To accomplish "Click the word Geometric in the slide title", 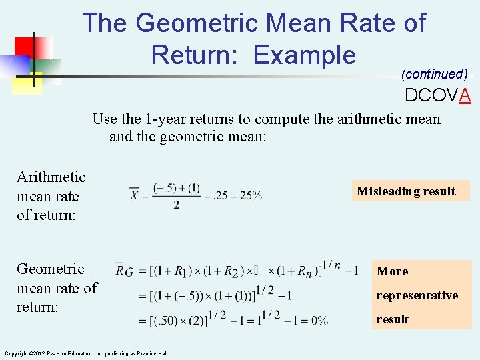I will pos(196,23).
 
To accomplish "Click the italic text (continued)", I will pos(434,74).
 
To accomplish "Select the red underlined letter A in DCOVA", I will pos(465,96).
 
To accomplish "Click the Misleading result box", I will pos(406,191).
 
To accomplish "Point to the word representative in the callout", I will pos(417,295).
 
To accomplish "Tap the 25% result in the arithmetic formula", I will pos(251,195).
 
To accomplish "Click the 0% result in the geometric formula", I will pos(320,321).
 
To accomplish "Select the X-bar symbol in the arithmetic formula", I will pos(135,194).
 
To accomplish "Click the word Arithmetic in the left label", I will pos(51,177).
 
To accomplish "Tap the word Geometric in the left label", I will pos(51,269).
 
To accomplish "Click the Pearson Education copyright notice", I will pos(86,353).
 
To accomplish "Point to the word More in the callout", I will pos(393,271).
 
